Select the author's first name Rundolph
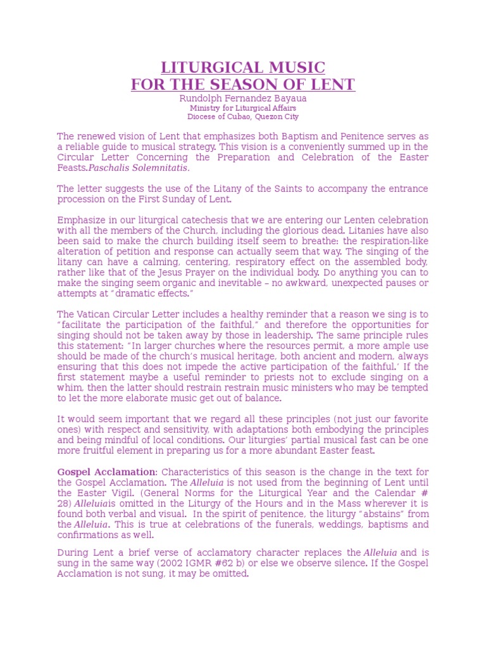coord(200,99)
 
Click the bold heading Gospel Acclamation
coord(106,472)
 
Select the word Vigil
coord(134,493)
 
